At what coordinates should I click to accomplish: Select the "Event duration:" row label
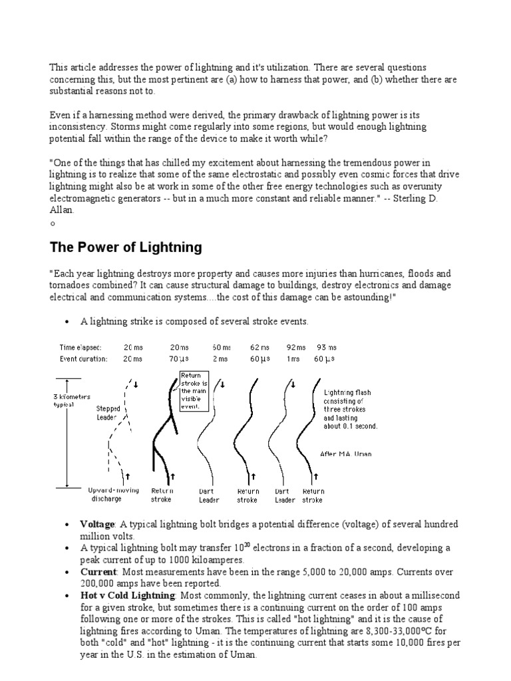pos(83,358)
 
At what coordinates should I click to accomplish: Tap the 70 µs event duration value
pos(179,358)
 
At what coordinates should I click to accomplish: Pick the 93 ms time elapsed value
pos(327,347)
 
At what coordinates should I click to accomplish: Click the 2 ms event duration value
pos(220,358)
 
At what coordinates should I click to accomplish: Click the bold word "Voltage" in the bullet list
pos(97,525)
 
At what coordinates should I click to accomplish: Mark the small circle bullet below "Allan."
pos(53,223)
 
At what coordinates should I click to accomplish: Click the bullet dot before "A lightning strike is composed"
pos(67,322)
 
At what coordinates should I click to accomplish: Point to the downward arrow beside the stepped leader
pos(136,384)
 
